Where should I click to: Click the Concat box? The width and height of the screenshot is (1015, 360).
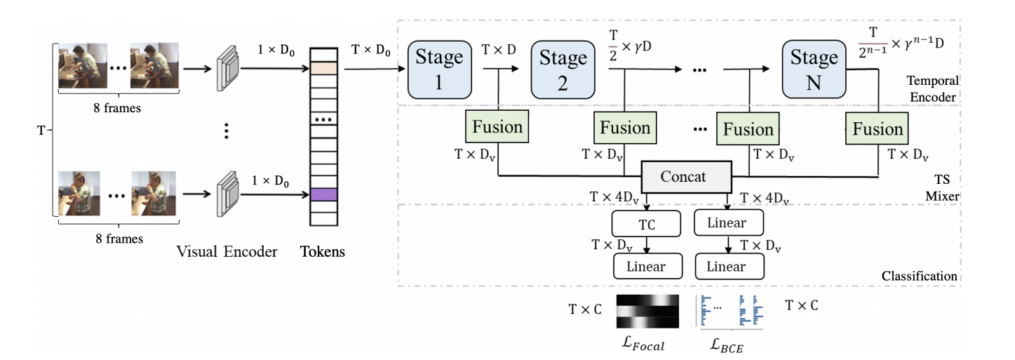(685, 177)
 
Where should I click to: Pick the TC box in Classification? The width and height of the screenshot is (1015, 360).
(646, 225)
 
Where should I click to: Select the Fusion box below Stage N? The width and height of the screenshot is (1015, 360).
(878, 129)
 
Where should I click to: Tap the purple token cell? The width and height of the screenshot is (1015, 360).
(325, 194)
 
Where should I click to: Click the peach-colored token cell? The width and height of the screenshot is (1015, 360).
(325, 68)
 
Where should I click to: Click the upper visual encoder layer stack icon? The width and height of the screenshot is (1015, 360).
(228, 69)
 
